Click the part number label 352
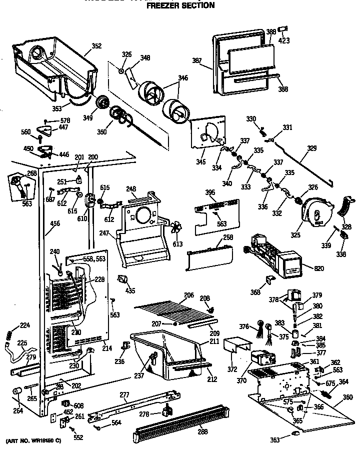click(x=96, y=46)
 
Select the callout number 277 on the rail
click(x=124, y=395)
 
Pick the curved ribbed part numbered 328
click(x=343, y=206)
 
